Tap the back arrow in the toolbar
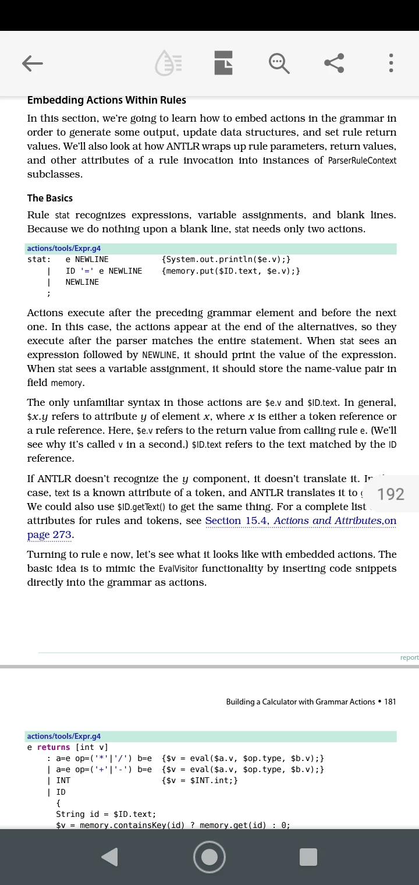[x=33, y=63]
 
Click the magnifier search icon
[x=279, y=63]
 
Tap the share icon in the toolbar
[x=334, y=63]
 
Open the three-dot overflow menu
[x=391, y=63]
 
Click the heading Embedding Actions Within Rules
[x=106, y=100]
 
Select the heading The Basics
[x=50, y=198]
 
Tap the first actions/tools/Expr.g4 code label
[x=64, y=249]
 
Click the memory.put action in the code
[x=231, y=271]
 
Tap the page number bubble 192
[x=390, y=494]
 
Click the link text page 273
[x=49, y=534]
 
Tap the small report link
[x=409, y=657]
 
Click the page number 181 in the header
[x=390, y=702]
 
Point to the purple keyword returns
[x=54, y=747]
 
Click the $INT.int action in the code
[x=200, y=780]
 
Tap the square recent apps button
[x=308, y=856]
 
